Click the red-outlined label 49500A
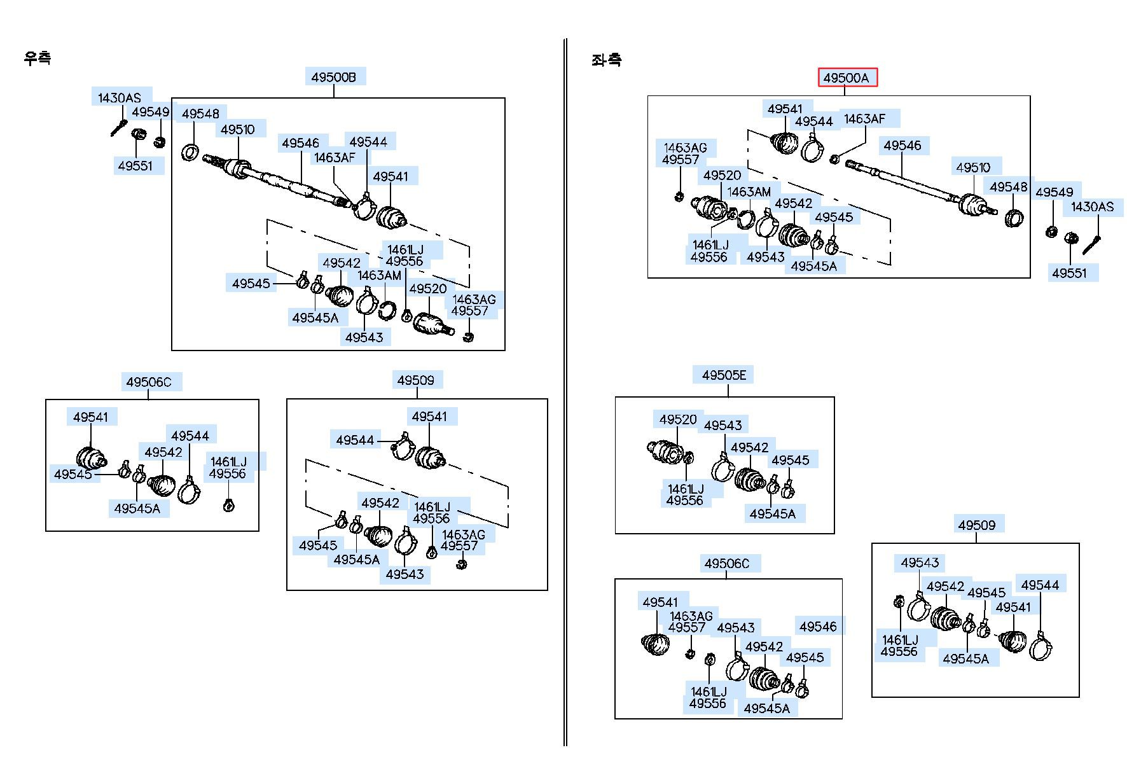coord(847,78)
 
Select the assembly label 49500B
coord(333,78)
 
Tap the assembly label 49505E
coord(724,375)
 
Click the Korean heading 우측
coord(38,58)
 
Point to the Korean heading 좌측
coord(606,60)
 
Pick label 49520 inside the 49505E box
coord(678,420)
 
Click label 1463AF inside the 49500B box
coord(335,157)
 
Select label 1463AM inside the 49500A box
coord(749,191)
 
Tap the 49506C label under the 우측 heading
coord(149,382)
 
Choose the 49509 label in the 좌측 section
coord(977,525)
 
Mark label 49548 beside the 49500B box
coord(200,114)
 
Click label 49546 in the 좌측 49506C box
coord(819,627)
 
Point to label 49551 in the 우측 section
coord(135,166)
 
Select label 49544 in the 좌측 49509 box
coord(1040,585)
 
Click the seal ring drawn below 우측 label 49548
coord(190,153)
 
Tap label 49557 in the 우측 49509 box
coord(460,546)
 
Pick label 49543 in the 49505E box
coord(723,425)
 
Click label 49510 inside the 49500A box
coord(973,167)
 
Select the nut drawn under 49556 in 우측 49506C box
coord(229,505)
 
